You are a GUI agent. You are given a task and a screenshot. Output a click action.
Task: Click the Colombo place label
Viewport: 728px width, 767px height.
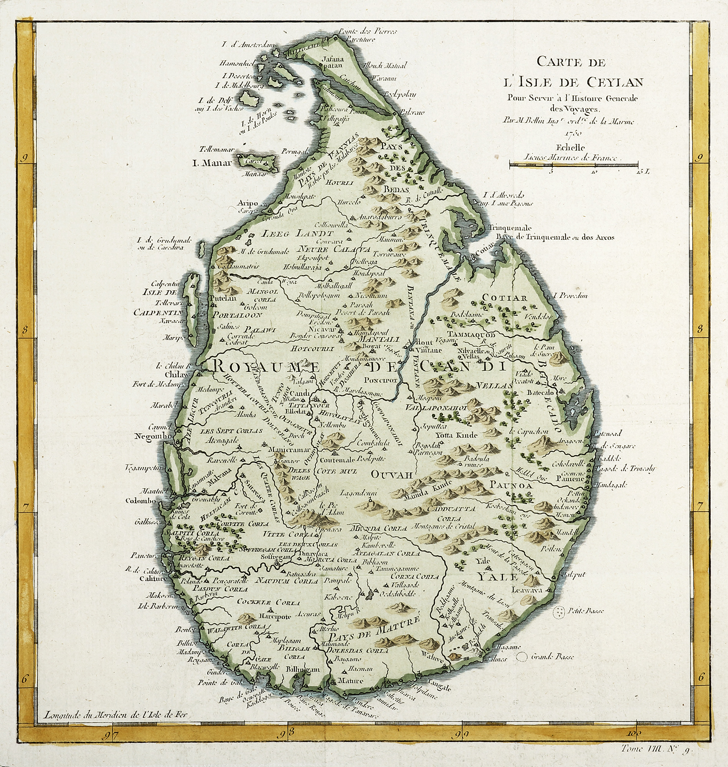click(140, 500)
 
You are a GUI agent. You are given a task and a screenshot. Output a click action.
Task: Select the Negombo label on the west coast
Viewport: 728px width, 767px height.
click(153, 436)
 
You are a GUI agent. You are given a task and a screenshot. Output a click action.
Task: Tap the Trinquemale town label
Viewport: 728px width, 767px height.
click(510, 228)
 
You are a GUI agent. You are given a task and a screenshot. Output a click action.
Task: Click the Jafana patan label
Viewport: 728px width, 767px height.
click(333, 63)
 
